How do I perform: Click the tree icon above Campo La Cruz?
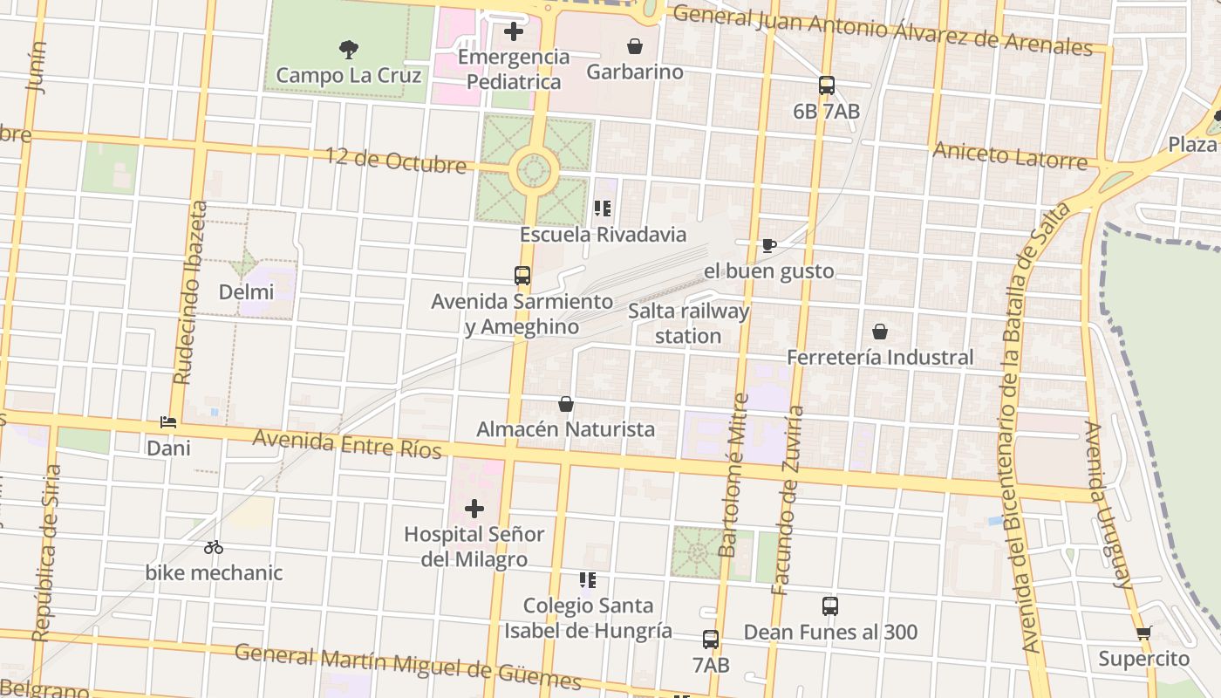point(349,49)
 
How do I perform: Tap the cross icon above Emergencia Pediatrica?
point(514,31)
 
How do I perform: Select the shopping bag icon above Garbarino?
point(635,45)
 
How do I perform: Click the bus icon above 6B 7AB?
point(827,86)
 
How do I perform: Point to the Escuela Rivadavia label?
point(603,235)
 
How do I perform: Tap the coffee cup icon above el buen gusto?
point(768,245)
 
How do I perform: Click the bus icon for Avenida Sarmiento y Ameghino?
point(522,276)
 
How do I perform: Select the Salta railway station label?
point(688,324)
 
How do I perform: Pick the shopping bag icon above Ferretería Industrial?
point(880,332)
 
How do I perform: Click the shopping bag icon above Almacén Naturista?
point(566,404)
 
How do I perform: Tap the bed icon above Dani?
point(168,422)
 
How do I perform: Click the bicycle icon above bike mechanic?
point(214,547)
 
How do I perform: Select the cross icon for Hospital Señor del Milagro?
point(474,508)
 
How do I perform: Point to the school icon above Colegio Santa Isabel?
point(588,579)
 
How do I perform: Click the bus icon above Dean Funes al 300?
point(830,606)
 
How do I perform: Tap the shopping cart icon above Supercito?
point(1143,633)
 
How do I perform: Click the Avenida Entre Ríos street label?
point(347,443)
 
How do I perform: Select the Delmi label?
point(246,292)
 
